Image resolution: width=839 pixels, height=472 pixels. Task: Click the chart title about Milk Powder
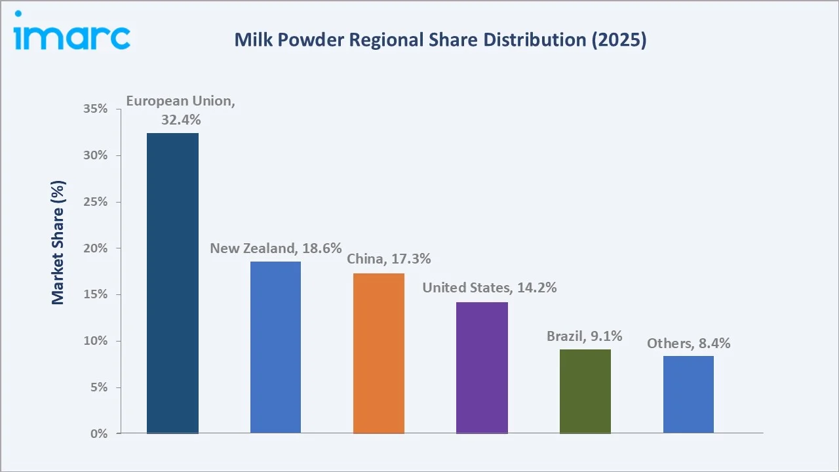[440, 40]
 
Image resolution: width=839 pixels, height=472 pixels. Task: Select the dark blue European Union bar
[172, 283]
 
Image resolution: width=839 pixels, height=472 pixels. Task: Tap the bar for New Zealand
[275, 347]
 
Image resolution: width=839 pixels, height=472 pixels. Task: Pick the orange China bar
[379, 353]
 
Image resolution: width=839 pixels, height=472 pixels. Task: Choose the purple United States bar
[482, 367]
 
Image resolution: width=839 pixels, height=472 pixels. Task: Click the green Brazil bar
[585, 391]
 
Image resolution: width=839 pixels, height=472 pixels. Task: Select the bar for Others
[688, 394]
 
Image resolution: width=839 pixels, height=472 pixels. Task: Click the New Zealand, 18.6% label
[276, 248]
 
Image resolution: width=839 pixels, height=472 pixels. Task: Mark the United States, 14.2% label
[489, 287]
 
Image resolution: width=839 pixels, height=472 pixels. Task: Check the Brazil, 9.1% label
[585, 336]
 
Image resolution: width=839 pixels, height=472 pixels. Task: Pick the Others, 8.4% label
[688, 343]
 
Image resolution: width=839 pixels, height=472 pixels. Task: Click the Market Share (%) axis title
[58, 243]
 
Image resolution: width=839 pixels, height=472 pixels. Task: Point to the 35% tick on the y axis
[96, 109]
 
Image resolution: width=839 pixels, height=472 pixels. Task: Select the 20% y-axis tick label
[96, 248]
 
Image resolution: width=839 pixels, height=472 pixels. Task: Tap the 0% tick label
[98, 433]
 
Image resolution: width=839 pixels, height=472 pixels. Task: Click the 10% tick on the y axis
[96, 341]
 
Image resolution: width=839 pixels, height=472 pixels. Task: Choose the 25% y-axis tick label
[96, 202]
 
